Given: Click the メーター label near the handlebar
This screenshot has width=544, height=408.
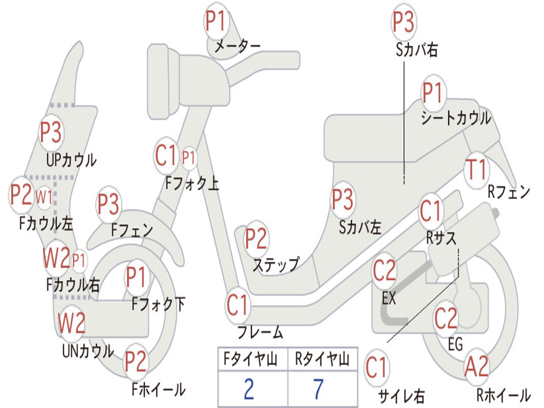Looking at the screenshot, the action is pyautogui.click(x=237, y=46).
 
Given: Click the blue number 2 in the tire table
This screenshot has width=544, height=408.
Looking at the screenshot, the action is pyautogui.click(x=249, y=389).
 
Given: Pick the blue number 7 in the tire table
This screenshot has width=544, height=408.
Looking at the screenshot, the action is pyautogui.click(x=319, y=389).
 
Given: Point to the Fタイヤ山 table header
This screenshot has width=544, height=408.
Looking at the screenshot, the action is pyautogui.click(x=250, y=359).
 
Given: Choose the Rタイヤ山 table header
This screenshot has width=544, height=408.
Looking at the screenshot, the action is pyautogui.click(x=322, y=359).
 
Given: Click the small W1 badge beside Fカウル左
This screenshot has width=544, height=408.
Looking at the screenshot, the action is pyautogui.click(x=44, y=198).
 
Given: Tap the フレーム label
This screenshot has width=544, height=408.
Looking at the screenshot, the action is pyautogui.click(x=260, y=332).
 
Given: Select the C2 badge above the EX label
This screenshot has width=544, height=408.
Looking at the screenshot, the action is pyautogui.click(x=384, y=271).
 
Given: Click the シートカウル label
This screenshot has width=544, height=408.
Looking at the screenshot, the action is pyautogui.click(x=456, y=118).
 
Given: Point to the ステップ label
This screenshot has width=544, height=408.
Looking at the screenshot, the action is pyautogui.click(x=276, y=266).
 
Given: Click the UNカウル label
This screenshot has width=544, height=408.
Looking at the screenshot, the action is pyautogui.click(x=88, y=351).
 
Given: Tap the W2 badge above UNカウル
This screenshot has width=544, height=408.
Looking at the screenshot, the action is pyautogui.click(x=71, y=323).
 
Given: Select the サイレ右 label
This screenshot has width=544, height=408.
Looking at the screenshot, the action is pyautogui.click(x=402, y=396).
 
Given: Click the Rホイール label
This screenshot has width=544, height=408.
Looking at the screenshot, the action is pyautogui.click(x=504, y=395).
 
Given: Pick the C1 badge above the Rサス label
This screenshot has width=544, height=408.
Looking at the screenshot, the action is pyautogui.click(x=430, y=210).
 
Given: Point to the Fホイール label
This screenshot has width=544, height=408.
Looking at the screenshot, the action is pyautogui.click(x=158, y=389).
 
